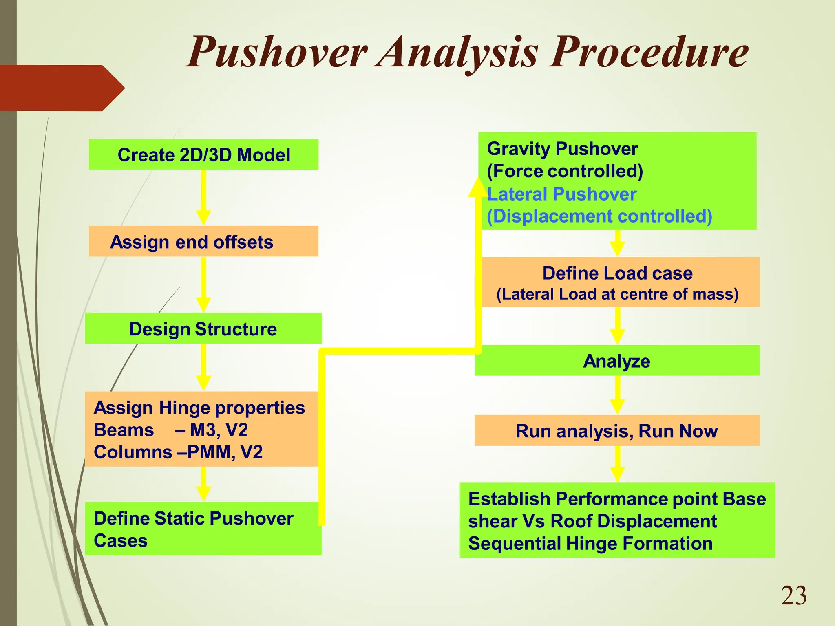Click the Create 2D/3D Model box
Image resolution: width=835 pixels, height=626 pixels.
[203, 154]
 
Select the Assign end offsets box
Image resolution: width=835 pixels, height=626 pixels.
[203, 241]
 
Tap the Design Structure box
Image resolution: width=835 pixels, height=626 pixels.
[203, 328]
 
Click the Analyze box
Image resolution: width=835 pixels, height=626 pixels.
[617, 361]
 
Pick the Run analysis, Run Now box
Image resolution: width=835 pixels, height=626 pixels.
[617, 431]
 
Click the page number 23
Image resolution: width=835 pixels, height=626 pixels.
[793, 596]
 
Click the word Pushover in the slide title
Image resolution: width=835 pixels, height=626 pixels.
[277, 53]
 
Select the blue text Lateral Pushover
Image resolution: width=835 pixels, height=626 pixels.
[562, 194]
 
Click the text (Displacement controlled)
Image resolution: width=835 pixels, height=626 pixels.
[599, 216]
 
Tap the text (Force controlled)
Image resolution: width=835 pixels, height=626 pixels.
[565, 171]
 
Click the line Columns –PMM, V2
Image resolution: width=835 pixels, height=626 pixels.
[178, 452]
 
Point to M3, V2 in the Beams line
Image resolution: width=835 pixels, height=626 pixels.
[219, 430]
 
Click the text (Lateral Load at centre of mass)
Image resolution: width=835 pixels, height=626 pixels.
[617, 294]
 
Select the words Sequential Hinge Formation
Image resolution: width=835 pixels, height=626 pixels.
[590, 544]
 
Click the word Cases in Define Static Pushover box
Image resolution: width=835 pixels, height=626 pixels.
[121, 541]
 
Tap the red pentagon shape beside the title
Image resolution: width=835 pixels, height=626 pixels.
[61, 88]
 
